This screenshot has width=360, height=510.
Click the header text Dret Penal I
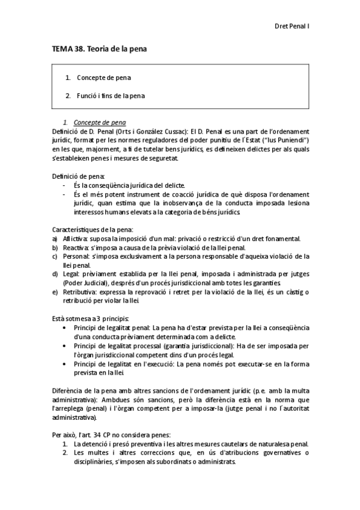tap(291, 26)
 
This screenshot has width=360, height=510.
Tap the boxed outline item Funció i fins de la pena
tap(111, 96)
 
